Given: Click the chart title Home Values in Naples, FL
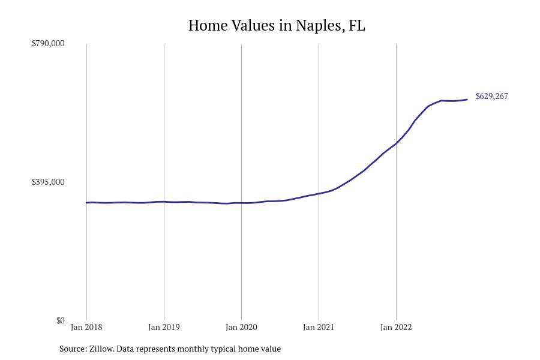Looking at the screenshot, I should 277,26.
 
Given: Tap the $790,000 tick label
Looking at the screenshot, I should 48,43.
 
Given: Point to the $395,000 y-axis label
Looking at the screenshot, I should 48,182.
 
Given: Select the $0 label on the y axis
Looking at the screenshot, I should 60,320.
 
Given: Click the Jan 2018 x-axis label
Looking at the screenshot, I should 86,327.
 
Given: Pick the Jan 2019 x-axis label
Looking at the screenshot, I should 164,327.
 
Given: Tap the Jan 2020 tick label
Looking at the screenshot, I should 241,327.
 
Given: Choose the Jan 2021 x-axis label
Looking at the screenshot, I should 319,327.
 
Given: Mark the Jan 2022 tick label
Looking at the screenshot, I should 396,327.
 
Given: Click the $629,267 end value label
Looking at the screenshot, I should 491,96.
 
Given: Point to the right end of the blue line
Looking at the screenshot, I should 467,100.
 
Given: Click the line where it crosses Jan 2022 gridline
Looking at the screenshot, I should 396,143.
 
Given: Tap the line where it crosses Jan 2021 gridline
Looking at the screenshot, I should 319,193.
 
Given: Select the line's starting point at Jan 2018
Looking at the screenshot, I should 87,203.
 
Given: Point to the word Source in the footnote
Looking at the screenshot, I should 72,349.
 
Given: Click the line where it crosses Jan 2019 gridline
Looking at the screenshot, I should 164,202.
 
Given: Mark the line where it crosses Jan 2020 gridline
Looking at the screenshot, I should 241,203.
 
